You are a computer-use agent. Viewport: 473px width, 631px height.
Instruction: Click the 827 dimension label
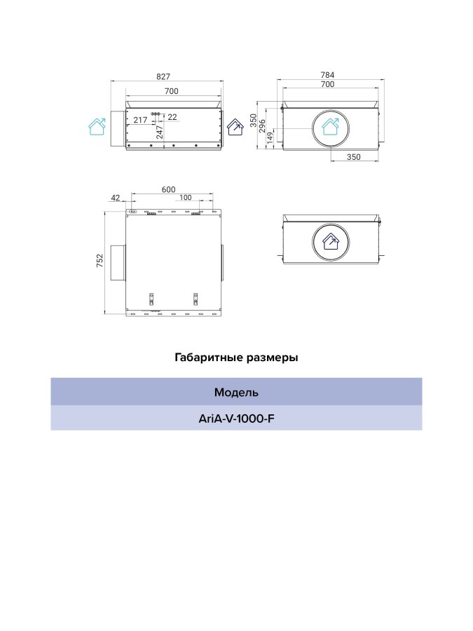pos(163,76)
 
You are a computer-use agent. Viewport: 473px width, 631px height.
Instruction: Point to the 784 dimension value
pos(327,75)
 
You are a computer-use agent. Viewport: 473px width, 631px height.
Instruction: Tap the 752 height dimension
pos(100,261)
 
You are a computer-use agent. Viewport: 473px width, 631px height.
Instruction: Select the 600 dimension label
pos(168,189)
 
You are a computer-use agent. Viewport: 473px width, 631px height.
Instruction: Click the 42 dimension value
pos(116,198)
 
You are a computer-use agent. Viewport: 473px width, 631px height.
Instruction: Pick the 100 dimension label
pos(186,198)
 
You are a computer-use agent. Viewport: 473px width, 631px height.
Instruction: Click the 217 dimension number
pos(140,120)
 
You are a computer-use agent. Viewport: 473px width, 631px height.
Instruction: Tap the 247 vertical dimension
pos(160,133)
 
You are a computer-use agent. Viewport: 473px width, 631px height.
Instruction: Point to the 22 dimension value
pos(172,117)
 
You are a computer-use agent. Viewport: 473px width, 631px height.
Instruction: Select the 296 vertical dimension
pos(262,125)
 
